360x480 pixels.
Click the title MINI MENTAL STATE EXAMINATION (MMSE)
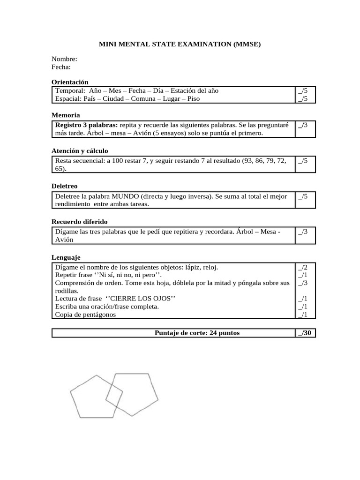[x=180, y=45]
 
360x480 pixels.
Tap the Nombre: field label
[x=64, y=59]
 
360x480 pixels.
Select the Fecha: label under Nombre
[x=61, y=67]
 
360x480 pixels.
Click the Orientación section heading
[x=70, y=82]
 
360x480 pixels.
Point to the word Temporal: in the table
[x=70, y=90]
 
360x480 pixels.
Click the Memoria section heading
[x=66, y=115]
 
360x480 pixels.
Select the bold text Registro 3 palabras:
[x=87, y=125]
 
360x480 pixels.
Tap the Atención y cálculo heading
[x=80, y=151]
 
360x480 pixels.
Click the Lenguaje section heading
[x=66, y=257]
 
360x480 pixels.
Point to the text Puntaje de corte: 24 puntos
[x=197, y=333]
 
